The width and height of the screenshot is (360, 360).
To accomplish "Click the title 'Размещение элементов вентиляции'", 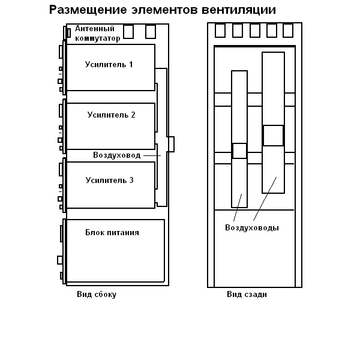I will [163, 10].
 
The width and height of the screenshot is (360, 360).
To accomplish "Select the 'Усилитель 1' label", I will [109, 64].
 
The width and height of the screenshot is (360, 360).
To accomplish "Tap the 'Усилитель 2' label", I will [111, 115].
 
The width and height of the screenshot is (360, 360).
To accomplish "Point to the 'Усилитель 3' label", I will [109, 180].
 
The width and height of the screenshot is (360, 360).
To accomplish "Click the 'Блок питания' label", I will [112, 232].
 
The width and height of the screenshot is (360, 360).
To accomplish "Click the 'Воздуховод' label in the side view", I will [116, 155].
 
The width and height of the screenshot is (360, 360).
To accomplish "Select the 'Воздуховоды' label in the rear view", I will [251, 228].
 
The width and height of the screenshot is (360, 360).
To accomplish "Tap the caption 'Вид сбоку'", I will [97, 295].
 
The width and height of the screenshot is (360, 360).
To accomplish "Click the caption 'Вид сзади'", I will [247, 295].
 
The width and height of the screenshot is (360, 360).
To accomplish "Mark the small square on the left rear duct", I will [239, 151].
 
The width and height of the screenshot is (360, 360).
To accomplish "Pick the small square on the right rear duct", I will [273, 135].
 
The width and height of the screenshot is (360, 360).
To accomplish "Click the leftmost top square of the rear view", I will [220, 30].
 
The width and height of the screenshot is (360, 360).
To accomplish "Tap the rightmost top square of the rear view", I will [288, 30].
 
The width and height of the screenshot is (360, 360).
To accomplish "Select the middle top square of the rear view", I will [254, 30].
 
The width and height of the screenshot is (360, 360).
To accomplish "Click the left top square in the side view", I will [128, 31].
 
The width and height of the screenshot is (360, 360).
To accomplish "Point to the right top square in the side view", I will [151, 31].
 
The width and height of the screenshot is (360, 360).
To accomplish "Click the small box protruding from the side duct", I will [171, 144].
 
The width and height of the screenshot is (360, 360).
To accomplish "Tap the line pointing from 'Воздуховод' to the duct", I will [152, 155].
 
